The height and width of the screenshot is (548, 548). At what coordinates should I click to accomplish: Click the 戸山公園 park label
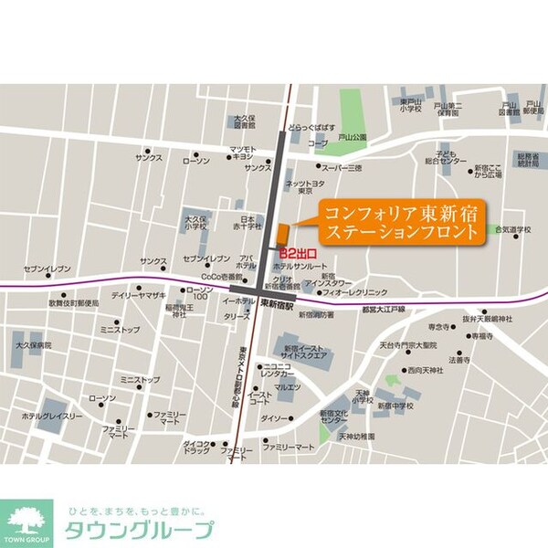pos(352,136)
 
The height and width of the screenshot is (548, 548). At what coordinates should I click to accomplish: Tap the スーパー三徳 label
pos(342,168)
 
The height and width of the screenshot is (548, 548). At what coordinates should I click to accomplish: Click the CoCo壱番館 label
pos(222,276)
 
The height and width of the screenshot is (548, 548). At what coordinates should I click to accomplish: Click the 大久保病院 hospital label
pos(33,346)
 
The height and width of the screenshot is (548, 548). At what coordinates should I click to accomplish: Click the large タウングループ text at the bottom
pos(136,528)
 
